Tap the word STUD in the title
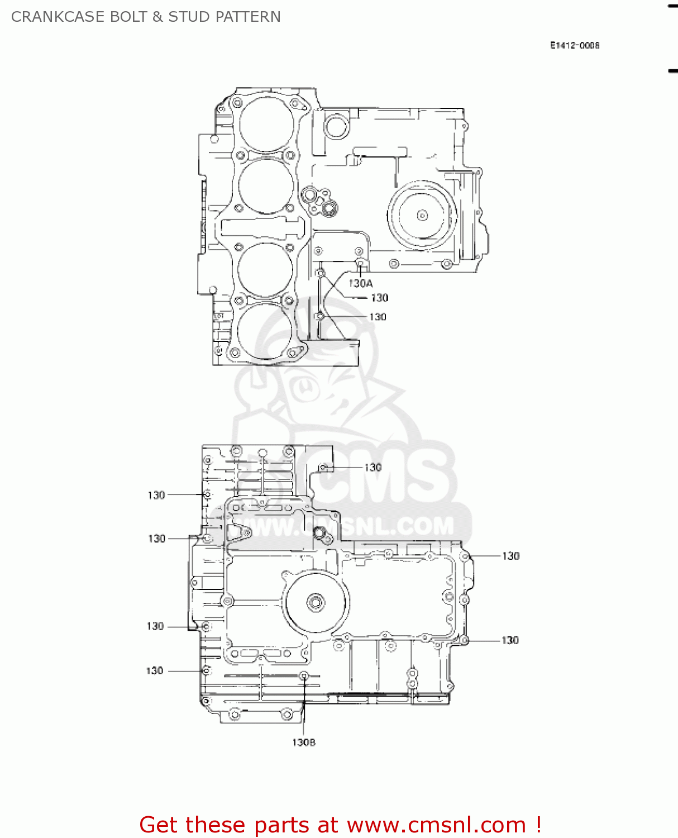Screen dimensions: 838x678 tap(189, 17)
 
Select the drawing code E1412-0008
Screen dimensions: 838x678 tap(575, 45)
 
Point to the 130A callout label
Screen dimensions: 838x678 tap(360, 283)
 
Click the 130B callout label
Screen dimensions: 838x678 tap(303, 742)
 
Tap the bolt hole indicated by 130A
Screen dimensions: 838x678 tap(360, 264)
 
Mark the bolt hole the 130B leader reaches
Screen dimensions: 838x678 tap(304, 677)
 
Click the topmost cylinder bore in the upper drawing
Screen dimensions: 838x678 tap(266, 124)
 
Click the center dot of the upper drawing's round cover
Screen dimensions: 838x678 tap(422, 215)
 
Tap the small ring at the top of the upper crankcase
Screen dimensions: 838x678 tap(336, 126)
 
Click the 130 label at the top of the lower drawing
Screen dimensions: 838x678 tap(373, 467)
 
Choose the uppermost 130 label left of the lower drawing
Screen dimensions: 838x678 tap(156, 495)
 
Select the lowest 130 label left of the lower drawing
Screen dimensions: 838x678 tap(155, 670)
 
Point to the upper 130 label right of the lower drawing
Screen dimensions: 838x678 tap(510, 556)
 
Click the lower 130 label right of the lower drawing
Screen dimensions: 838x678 tap(510, 640)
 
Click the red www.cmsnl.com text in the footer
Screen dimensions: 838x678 tap(436, 825)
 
